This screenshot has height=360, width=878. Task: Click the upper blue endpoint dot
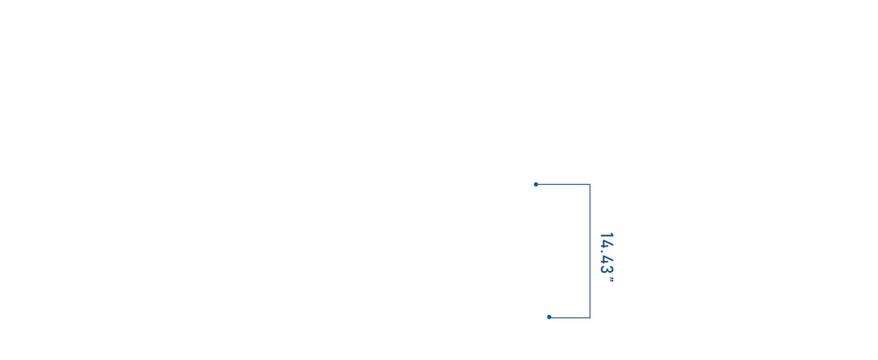click(536, 184)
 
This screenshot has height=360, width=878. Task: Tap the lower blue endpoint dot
click(549, 317)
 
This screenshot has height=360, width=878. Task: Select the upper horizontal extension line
click(563, 184)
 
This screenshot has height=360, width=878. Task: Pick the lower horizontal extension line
click(569, 317)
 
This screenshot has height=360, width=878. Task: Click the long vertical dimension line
click(590, 251)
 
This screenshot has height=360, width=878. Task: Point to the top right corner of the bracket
click(590, 184)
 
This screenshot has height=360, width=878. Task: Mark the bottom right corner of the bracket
click(590, 318)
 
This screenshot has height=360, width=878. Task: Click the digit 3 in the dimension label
click(606, 269)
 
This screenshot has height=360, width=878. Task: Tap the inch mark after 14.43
click(611, 279)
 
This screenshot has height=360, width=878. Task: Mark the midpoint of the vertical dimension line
click(590, 251)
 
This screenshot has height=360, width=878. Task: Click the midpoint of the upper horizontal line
click(563, 184)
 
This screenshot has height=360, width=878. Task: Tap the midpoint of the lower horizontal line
click(569, 317)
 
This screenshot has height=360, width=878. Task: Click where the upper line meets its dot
click(538, 184)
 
